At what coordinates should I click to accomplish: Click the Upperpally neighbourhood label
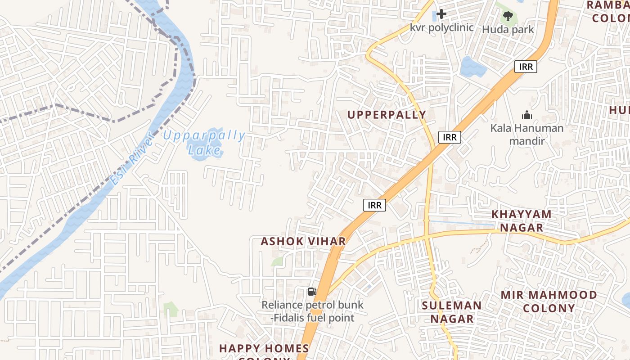(387, 115)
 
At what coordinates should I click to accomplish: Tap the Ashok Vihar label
(303, 241)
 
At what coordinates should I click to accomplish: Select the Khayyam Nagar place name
(522, 220)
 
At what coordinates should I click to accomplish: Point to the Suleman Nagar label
(452, 312)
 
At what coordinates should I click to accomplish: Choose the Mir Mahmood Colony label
(549, 301)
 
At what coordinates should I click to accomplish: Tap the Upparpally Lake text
(205, 142)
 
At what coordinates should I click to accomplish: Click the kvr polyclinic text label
(441, 27)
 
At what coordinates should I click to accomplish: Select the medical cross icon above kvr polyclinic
(441, 14)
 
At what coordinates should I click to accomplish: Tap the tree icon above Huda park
(508, 16)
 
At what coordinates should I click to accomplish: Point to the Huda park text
(508, 30)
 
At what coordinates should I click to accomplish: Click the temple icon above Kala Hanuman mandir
(527, 115)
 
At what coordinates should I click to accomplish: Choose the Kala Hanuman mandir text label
(527, 134)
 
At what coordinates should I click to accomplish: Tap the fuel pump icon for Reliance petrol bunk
(312, 292)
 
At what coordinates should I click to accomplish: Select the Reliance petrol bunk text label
(312, 311)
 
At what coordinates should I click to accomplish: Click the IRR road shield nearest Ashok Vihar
(374, 205)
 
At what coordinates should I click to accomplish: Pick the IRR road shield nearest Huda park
(526, 67)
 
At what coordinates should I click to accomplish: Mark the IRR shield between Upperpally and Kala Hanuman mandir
(450, 137)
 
